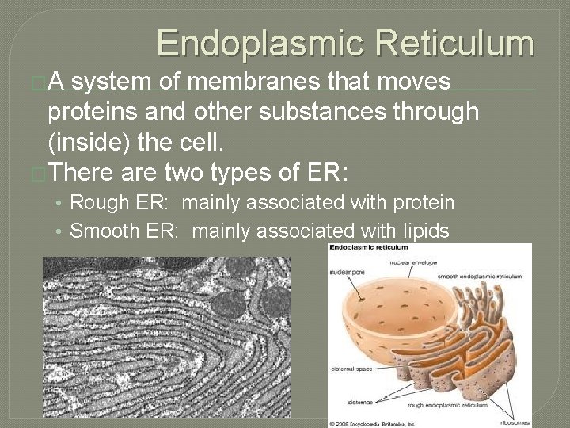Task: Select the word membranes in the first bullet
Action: pos(294,82)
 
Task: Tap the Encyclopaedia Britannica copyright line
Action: pos(383,421)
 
